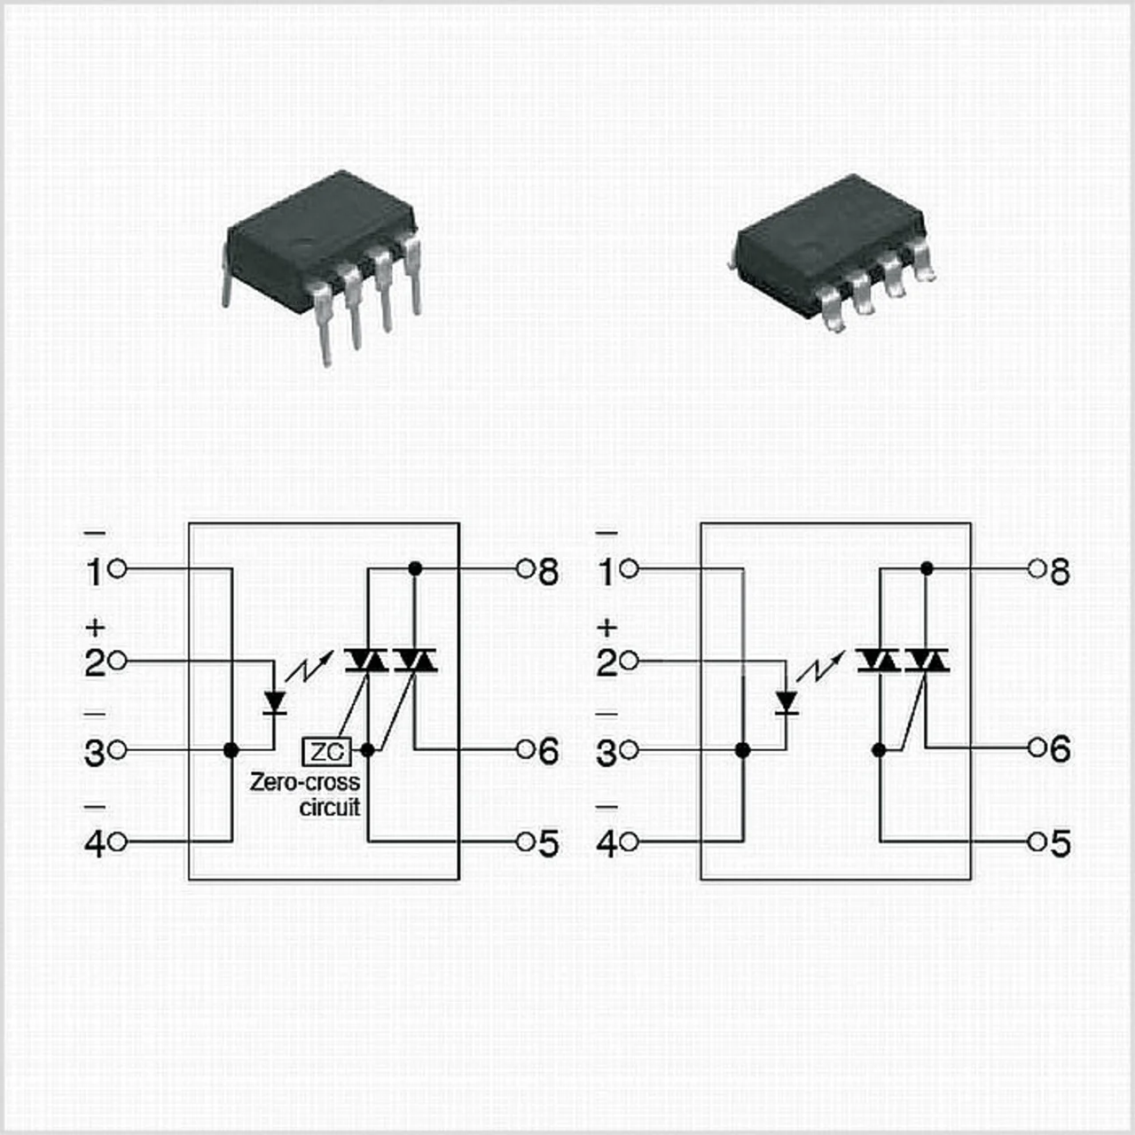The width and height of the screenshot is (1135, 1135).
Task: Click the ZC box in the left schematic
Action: pyautogui.click(x=327, y=752)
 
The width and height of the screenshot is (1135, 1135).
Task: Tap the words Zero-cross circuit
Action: pyautogui.click(x=306, y=794)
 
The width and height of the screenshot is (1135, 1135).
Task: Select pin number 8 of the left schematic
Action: pyautogui.click(x=549, y=573)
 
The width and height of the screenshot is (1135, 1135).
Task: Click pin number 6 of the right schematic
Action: pyautogui.click(x=1060, y=750)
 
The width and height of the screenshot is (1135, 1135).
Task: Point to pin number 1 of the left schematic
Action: pyautogui.click(x=95, y=573)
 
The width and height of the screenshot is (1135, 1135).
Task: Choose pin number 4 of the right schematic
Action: pyautogui.click(x=607, y=843)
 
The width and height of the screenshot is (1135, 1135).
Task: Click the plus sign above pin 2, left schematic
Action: pyautogui.click(x=95, y=628)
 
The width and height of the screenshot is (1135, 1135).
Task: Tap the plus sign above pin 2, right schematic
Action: pyautogui.click(x=607, y=628)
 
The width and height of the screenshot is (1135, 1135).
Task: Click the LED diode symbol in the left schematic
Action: pyautogui.click(x=275, y=701)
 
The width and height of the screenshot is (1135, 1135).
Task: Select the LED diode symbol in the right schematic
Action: pyautogui.click(x=786, y=701)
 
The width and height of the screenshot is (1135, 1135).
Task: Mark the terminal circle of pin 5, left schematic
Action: pyautogui.click(x=524, y=841)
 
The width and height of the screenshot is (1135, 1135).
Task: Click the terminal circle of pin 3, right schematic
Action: pyautogui.click(x=630, y=751)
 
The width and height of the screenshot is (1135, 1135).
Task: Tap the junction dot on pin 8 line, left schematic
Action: pyautogui.click(x=414, y=567)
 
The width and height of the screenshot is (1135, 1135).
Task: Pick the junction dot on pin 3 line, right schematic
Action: pyautogui.click(x=743, y=750)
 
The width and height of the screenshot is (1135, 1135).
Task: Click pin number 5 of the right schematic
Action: pyautogui.click(x=1060, y=843)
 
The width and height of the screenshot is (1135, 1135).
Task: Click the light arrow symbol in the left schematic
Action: pyautogui.click(x=315, y=665)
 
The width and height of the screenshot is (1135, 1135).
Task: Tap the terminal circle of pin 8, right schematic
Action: pyautogui.click(x=1036, y=567)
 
